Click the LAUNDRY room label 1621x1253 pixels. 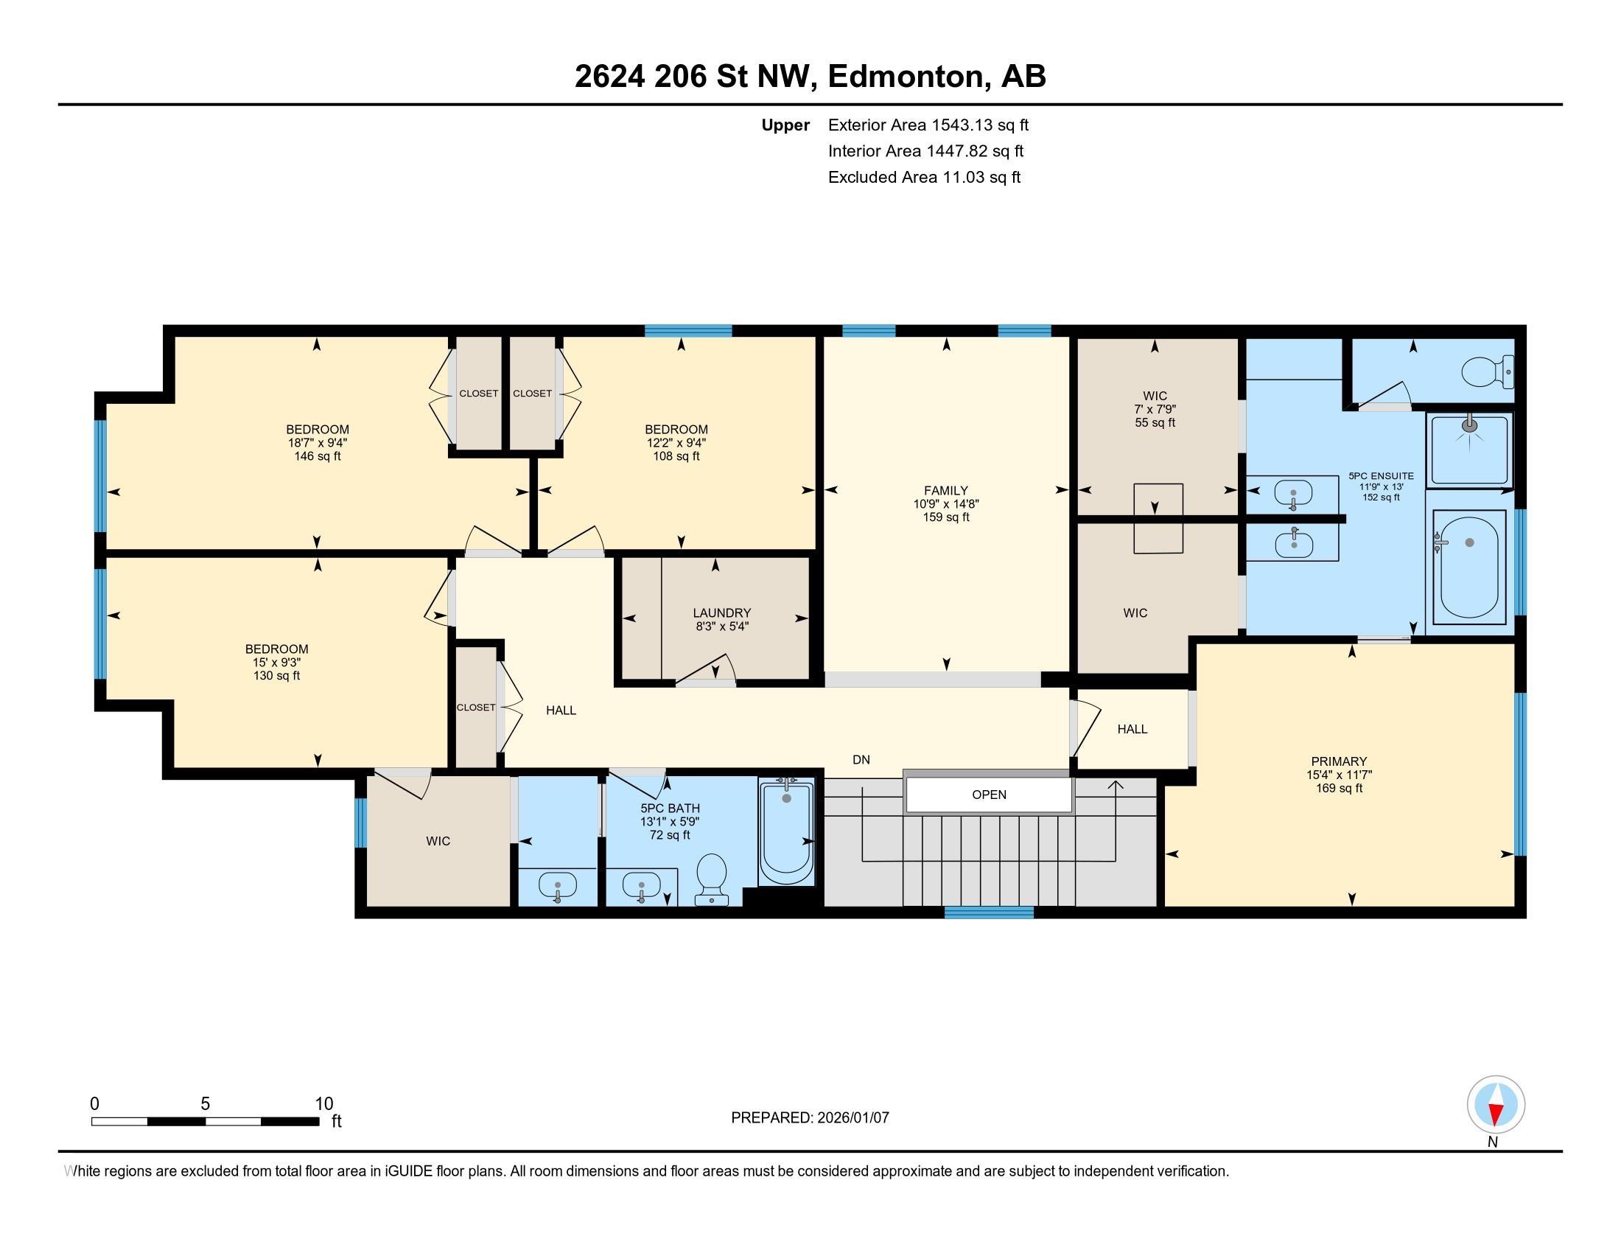coord(721,612)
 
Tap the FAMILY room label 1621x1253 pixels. coord(945,490)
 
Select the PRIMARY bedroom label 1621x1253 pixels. coord(1338,761)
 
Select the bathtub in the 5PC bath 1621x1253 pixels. coord(786,831)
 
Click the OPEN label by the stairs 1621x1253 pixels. coord(989,795)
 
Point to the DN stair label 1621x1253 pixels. coord(861,759)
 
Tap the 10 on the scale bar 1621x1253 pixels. coord(323,1104)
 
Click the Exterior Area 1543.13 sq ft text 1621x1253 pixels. coord(928,125)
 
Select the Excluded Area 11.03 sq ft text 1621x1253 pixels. coord(924,177)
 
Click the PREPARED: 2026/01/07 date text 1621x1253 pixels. coord(810,1117)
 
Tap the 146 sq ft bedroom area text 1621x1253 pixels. coord(318,456)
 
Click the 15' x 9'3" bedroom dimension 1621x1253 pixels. coord(276,662)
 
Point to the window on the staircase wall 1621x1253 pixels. coord(989,912)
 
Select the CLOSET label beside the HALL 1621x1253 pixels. coord(475,708)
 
